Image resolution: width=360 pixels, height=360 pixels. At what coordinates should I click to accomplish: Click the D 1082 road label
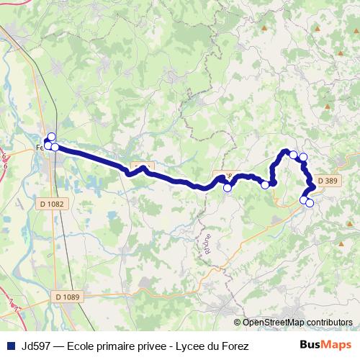(x=52, y=204)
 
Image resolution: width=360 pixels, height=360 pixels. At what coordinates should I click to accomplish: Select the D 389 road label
(x=327, y=181)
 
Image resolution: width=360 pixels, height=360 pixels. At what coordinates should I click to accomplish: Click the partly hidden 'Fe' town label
(x=40, y=148)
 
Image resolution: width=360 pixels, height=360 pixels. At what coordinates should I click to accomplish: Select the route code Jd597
(x=35, y=346)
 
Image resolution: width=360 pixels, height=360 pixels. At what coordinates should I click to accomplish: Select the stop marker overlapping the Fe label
(x=48, y=146)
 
